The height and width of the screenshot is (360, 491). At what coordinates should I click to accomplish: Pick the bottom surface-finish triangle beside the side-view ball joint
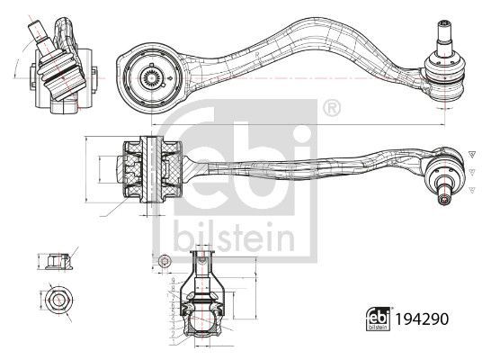(x=469, y=188)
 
